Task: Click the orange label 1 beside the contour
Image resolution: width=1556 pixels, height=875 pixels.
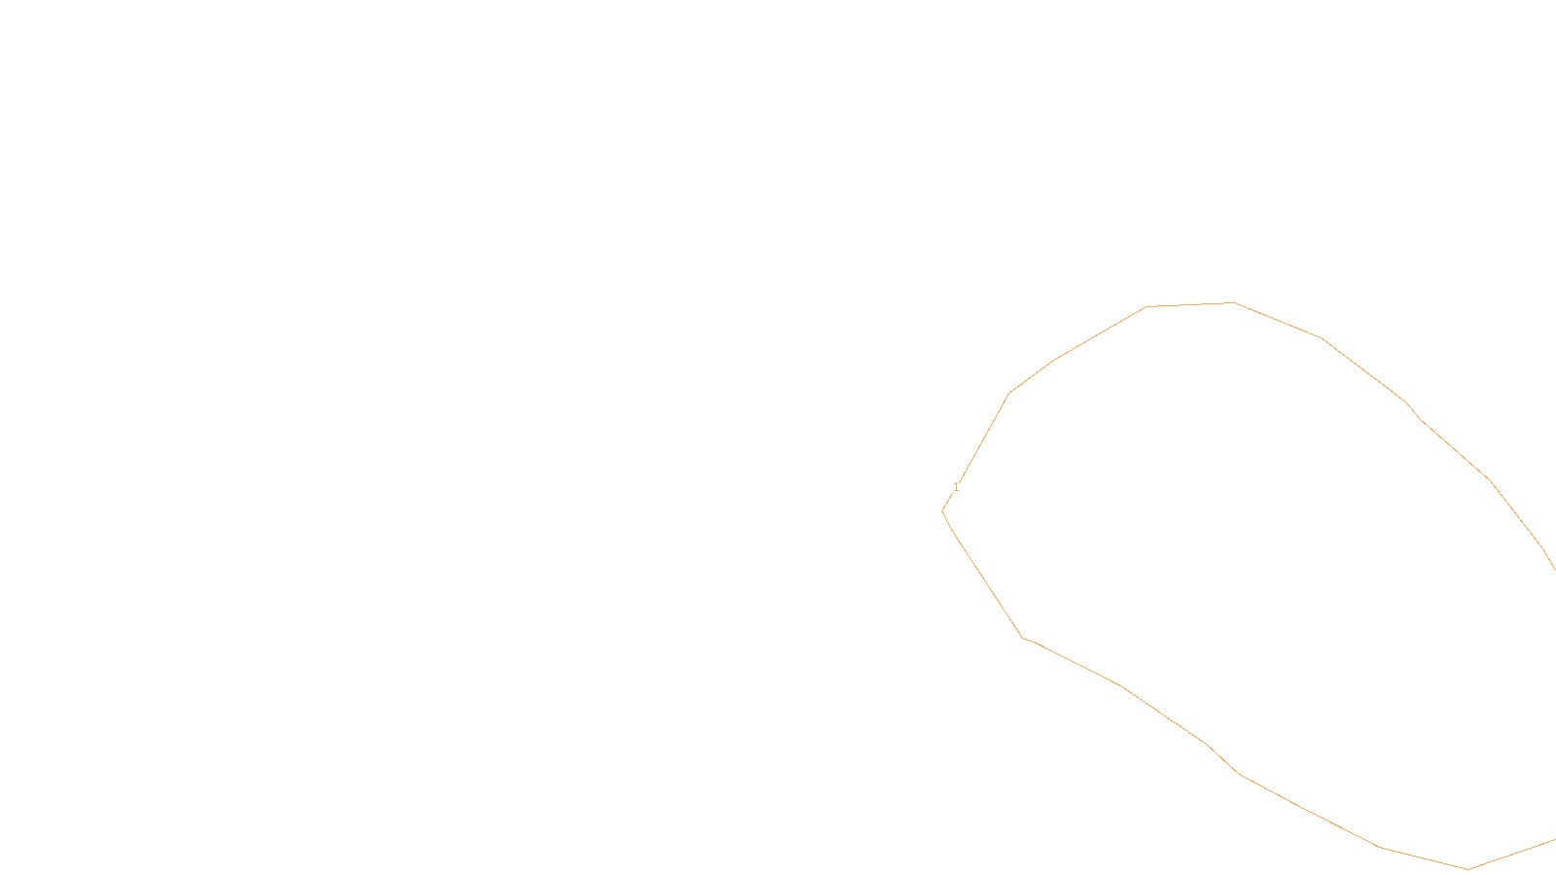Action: point(956,487)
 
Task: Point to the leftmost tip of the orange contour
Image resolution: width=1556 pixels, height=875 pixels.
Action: point(942,510)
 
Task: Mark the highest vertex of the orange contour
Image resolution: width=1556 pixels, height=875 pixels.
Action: point(1234,303)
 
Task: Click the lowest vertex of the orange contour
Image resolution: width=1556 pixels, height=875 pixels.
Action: point(1468,869)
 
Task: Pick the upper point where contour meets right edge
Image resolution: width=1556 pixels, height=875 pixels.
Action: point(1555,570)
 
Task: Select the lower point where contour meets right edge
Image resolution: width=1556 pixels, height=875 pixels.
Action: point(1555,839)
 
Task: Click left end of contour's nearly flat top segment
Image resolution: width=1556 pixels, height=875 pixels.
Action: point(1147,307)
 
